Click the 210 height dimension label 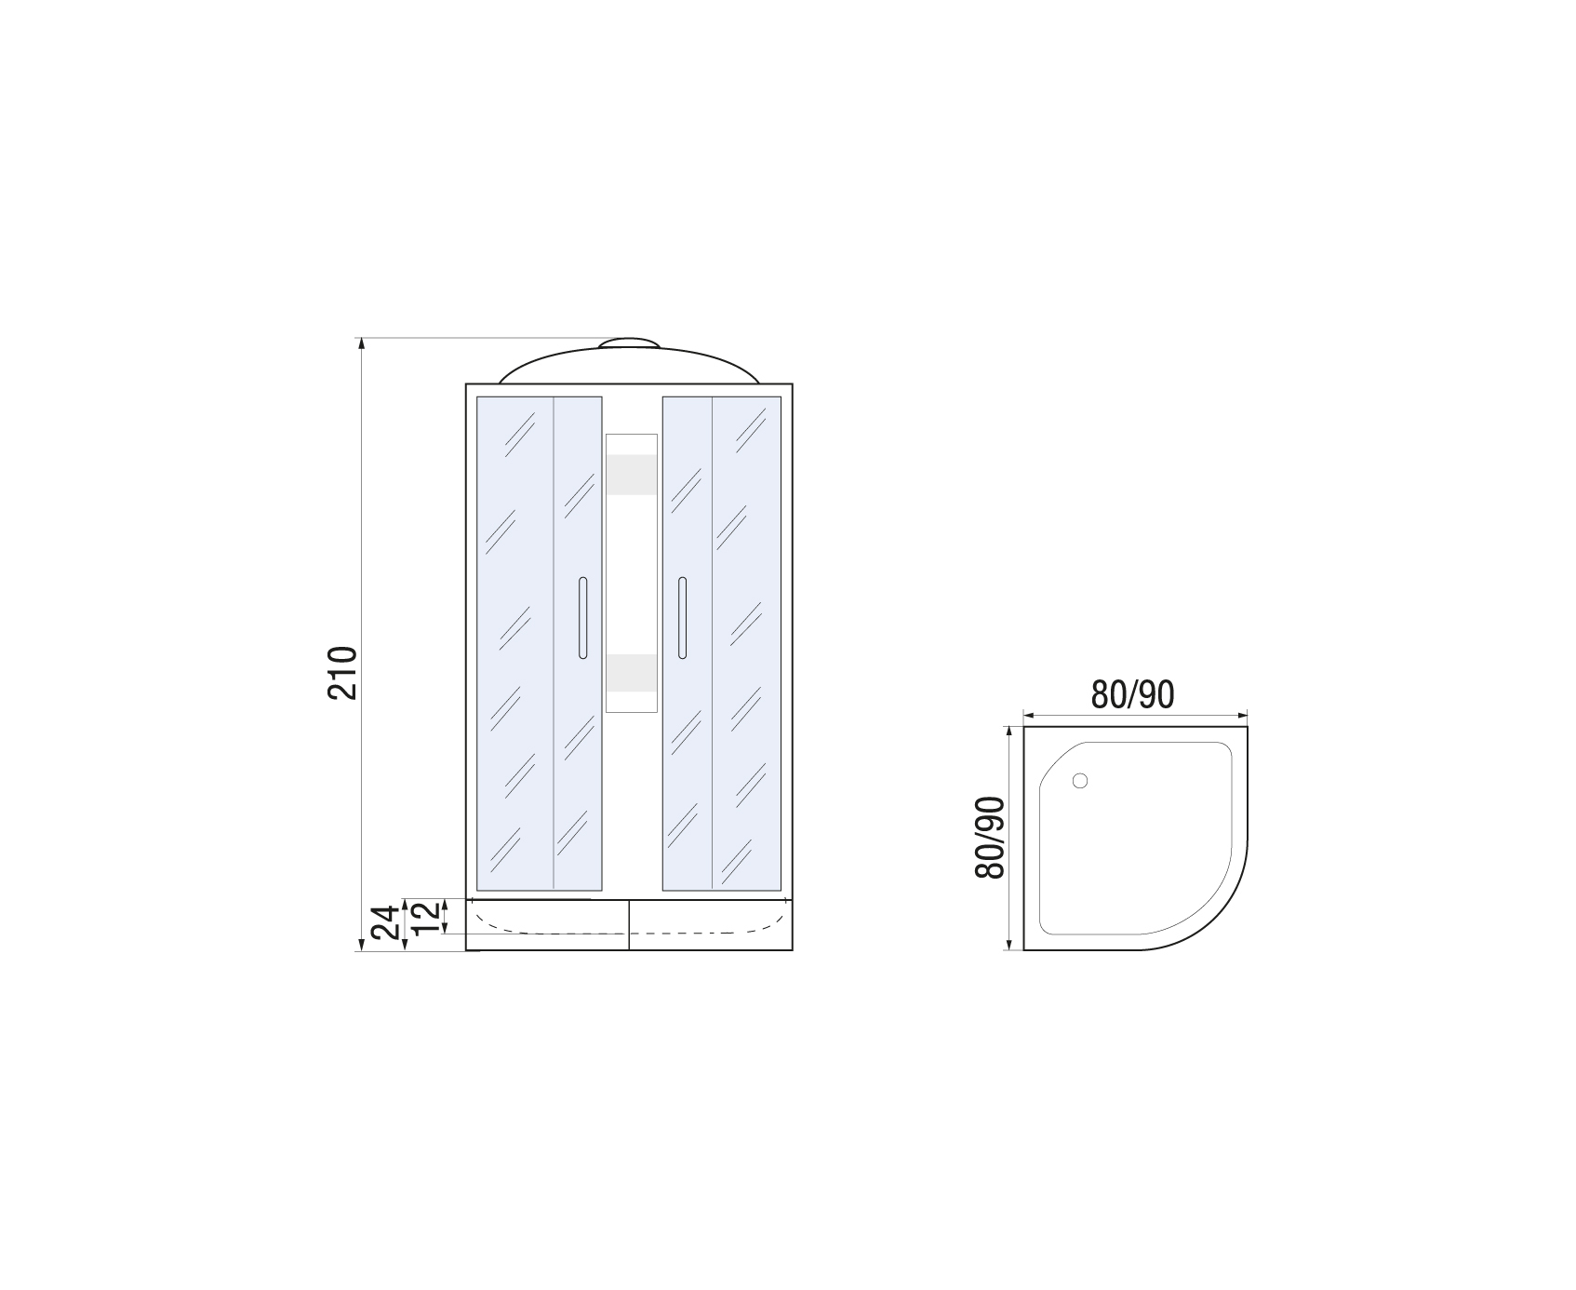click(x=342, y=672)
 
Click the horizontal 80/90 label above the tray click(x=1132, y=694)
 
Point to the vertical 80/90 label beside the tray click(x=991, y=838)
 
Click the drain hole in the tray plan click(x=1079, y=782)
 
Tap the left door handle click(x=582, y=618)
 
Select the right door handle click(x=682, y=618)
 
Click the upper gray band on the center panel click(x=631, y=475)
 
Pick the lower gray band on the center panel click(x=631, y=673)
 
